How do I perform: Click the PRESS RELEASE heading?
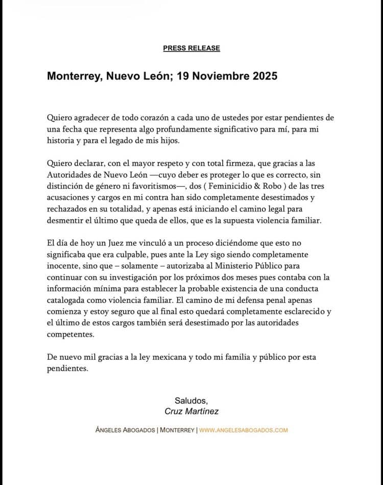pos(192,48)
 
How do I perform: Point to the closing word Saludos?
pos(192,400)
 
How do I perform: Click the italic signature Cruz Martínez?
pos(192,411)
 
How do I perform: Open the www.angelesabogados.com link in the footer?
pos(243,430)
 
